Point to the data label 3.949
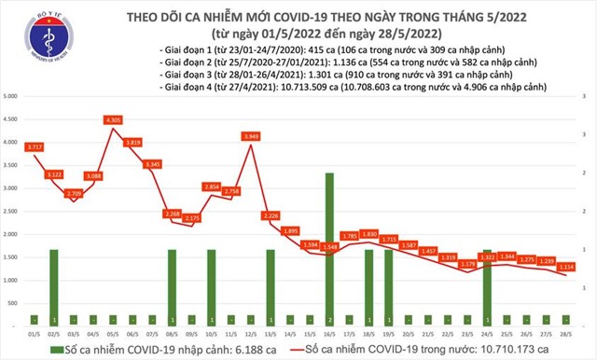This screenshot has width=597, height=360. pos(249,136)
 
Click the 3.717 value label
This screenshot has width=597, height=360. pos(35,147)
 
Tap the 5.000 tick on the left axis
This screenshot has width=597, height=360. pos(11,97)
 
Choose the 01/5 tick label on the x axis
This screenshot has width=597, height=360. pos(34,332)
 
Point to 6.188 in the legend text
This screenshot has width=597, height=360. pos(231,348)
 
